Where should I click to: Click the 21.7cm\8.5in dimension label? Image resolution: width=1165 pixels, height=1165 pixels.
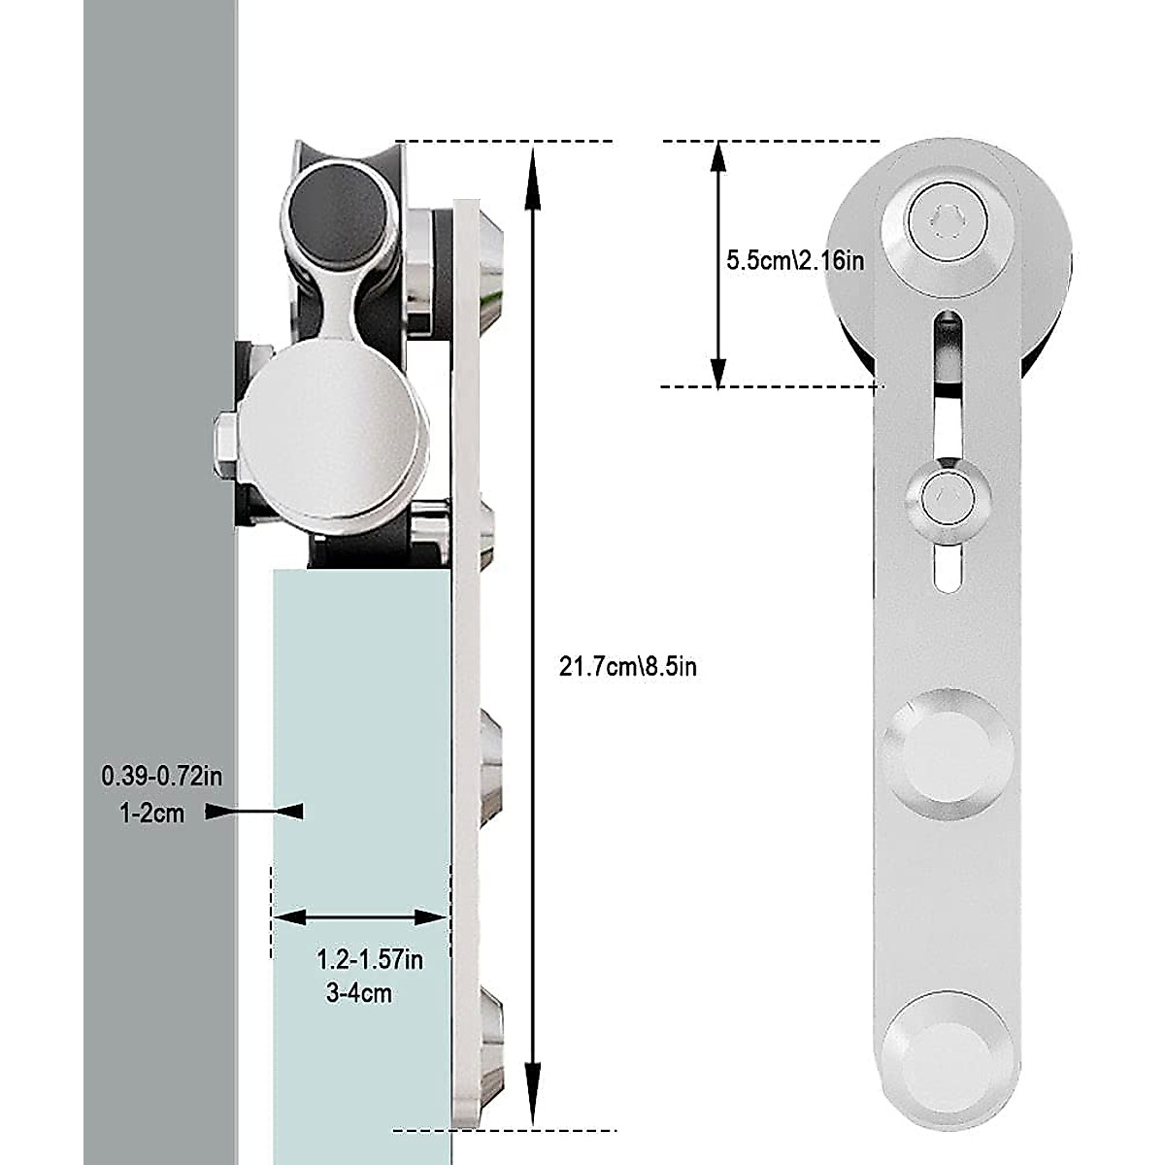coord(627,667)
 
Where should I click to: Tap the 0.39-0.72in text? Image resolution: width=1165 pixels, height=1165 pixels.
coord(161,777)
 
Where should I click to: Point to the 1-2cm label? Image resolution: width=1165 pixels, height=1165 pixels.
coord(151,813)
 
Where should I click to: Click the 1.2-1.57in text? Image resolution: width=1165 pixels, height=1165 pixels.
coord(370,960)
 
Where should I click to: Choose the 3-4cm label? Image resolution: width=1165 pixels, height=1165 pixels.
coord(359,993)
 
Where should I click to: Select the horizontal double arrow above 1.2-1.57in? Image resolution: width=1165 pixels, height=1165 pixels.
coord(360,916)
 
